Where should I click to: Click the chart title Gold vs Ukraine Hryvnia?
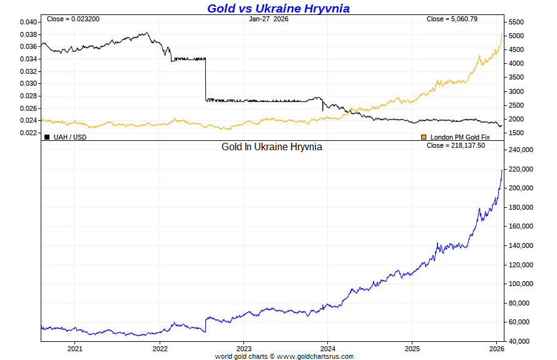click(x=278, y=8)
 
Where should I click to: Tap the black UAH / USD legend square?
click(x=47, y=136)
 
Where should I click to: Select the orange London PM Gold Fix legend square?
click(x=424, y=136)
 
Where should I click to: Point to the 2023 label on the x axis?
click(x=243, y=348)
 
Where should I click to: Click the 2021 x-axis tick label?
click(x=74, y=348)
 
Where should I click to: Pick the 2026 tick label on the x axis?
click(x=496, y=348)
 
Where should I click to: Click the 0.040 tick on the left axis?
click(x=28, y=22)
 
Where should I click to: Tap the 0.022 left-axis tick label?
click(x=28, y=133)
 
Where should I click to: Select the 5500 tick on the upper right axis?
click(x=516, y=22)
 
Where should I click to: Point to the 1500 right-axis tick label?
click(x=516, y=133)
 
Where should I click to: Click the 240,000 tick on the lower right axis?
click(x=521, y=150)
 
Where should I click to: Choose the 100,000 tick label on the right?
click(x=521, y=284)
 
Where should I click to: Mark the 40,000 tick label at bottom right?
click(x=519, y=341)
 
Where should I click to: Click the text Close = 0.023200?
click(x=73, y=19)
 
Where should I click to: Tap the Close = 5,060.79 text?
click(x=452, y=19)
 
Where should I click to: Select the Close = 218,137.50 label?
click(x=456, y=145)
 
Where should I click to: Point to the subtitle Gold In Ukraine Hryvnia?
click(x=272, y=147)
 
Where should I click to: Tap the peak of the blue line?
click(x=502, y=169)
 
